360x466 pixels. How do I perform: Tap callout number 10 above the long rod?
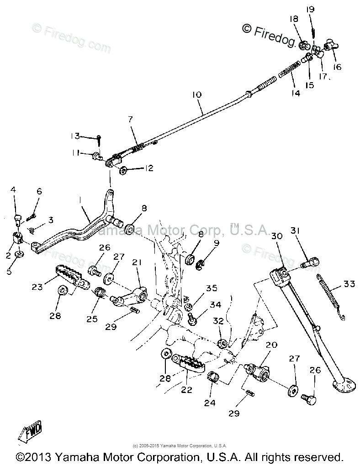coord(196,95)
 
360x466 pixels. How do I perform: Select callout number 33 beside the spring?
coord(349,284)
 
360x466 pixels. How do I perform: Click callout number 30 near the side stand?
coord(276,236)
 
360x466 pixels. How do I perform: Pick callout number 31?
coord(295,231)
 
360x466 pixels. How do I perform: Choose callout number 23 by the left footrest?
coord(37,287)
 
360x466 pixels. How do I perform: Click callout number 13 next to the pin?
coord(75,136)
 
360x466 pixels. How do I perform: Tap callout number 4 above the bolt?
coord(14,189)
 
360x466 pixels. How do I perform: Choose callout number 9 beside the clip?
coord(217,243)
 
